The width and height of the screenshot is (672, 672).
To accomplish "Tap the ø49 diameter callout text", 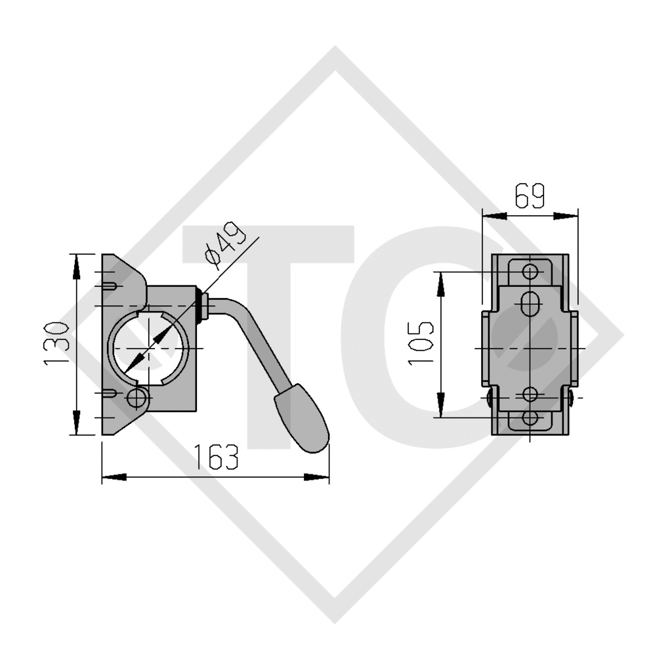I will (x=220, y=247).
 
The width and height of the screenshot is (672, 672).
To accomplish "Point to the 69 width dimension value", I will (x=529, y=196).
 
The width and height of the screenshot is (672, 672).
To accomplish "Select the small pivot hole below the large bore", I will (x=138, y=397).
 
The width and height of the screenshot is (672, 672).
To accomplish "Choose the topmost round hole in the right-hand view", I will (x=530, y=272).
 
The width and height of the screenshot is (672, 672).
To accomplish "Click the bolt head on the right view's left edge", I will (x=489, y=398).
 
